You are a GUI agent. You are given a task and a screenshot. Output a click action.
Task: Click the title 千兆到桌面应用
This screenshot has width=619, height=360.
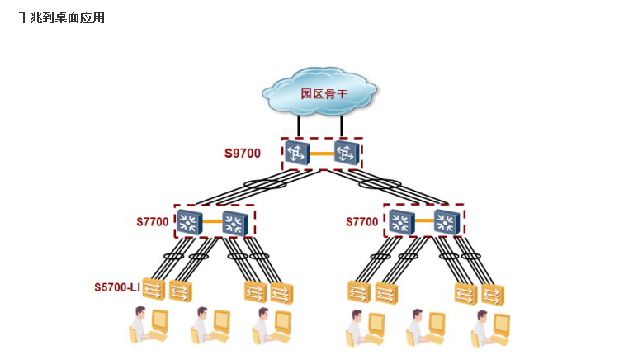61,18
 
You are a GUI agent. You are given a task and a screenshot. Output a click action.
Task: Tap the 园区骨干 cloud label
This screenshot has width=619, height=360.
324,94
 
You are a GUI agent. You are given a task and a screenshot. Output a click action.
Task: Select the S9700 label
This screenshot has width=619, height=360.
243,153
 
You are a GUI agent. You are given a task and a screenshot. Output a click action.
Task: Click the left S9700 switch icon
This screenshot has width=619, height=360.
297,152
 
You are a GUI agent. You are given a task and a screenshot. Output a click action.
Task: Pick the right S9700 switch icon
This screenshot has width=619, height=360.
347,152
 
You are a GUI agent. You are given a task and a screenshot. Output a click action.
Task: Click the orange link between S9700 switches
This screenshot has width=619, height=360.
322,154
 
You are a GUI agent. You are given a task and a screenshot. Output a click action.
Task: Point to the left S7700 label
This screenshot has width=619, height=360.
153,222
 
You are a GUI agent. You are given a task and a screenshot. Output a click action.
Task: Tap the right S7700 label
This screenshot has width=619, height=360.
362,222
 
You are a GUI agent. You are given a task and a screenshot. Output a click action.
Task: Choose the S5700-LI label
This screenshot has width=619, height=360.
117,287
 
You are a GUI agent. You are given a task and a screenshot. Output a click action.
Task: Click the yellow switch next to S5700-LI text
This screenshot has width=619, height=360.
154,289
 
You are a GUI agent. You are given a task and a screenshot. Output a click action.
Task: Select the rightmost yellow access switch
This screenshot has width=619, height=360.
493,295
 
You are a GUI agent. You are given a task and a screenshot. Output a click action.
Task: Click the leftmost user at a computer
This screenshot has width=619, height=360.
149,324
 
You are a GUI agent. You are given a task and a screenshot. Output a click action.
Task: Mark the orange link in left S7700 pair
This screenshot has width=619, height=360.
212,221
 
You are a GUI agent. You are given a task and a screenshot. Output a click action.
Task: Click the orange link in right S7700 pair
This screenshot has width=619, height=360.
424,220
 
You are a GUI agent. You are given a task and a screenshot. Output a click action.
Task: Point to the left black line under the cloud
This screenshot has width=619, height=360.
300,126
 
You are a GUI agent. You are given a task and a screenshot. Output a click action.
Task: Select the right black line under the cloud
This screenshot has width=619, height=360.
342,126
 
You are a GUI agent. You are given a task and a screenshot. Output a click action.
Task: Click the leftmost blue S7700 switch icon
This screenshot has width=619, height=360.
189,222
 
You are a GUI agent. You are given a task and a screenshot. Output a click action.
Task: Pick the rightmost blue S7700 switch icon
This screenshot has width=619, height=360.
447,222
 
